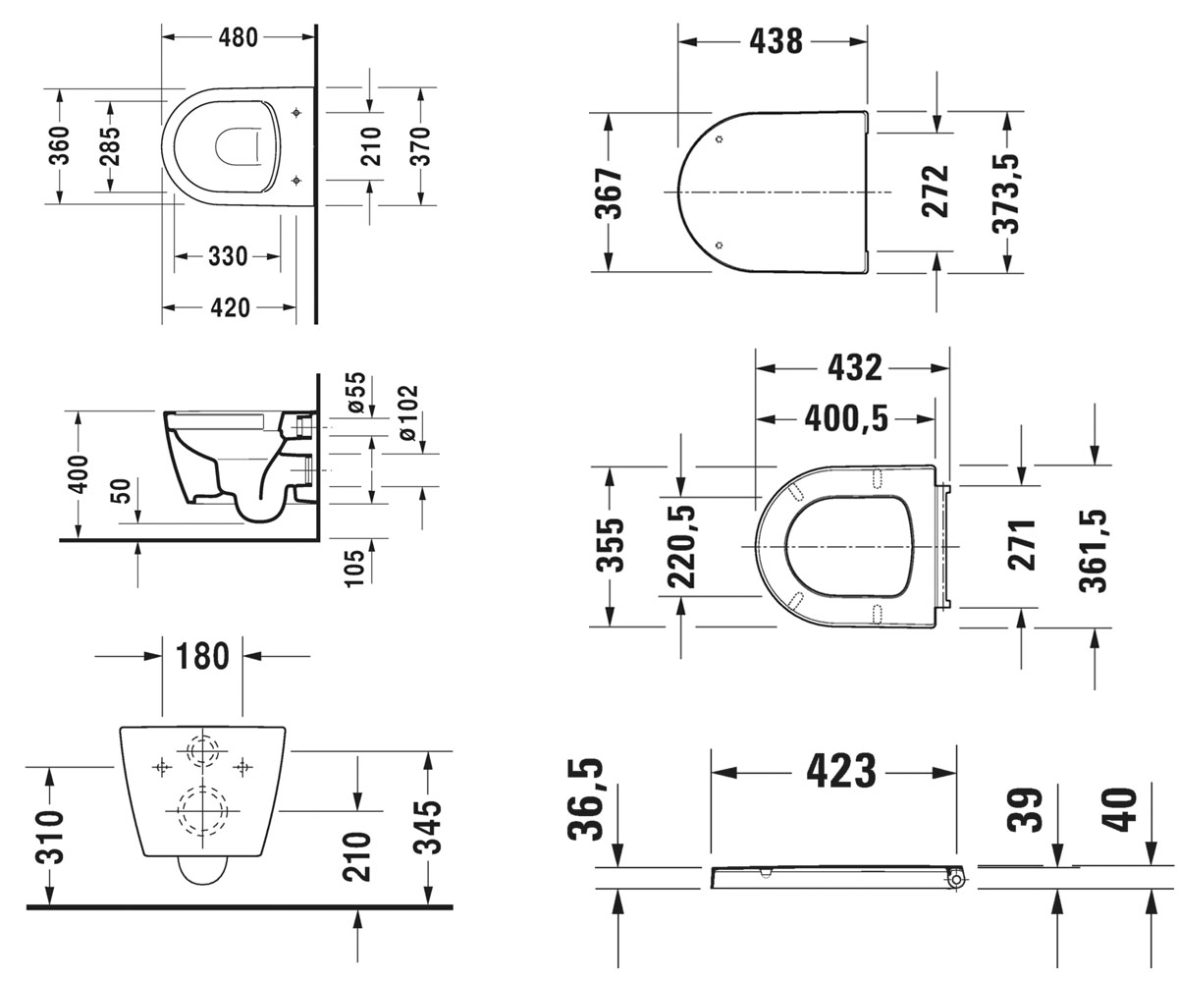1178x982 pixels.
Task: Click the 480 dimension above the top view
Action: click(239, 38)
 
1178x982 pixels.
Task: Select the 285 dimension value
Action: click(110, 146)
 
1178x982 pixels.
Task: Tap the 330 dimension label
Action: click(228, 256)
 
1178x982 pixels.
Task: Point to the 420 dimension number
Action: click(230, 308)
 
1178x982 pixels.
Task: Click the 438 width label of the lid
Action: click(776, 42)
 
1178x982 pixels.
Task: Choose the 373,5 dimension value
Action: click(1006, 193)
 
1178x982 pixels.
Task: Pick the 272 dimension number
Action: click(935, 191)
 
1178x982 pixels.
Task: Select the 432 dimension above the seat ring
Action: click(854, 368)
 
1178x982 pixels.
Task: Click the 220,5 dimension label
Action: click(681, 547)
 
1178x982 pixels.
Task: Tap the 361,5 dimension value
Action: click(1093, 551)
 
